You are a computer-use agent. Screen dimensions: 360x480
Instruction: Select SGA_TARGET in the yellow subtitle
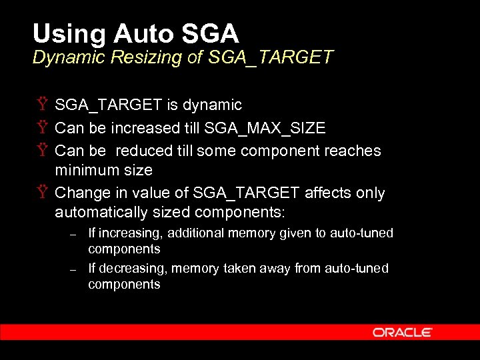271,57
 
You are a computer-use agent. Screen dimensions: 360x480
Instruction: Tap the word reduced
144,151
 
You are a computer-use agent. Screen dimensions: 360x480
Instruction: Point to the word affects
327,193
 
